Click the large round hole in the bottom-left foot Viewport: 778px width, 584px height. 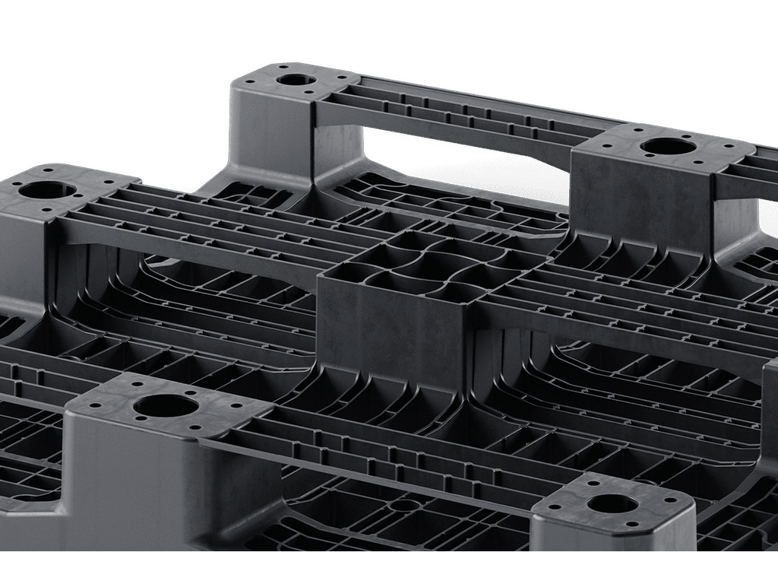tap(165, 406)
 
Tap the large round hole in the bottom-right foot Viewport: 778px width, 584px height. tap(612, 503)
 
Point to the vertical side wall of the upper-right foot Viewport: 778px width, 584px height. tap(638, 202)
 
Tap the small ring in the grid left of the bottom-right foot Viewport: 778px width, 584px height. tap(405, 504)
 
